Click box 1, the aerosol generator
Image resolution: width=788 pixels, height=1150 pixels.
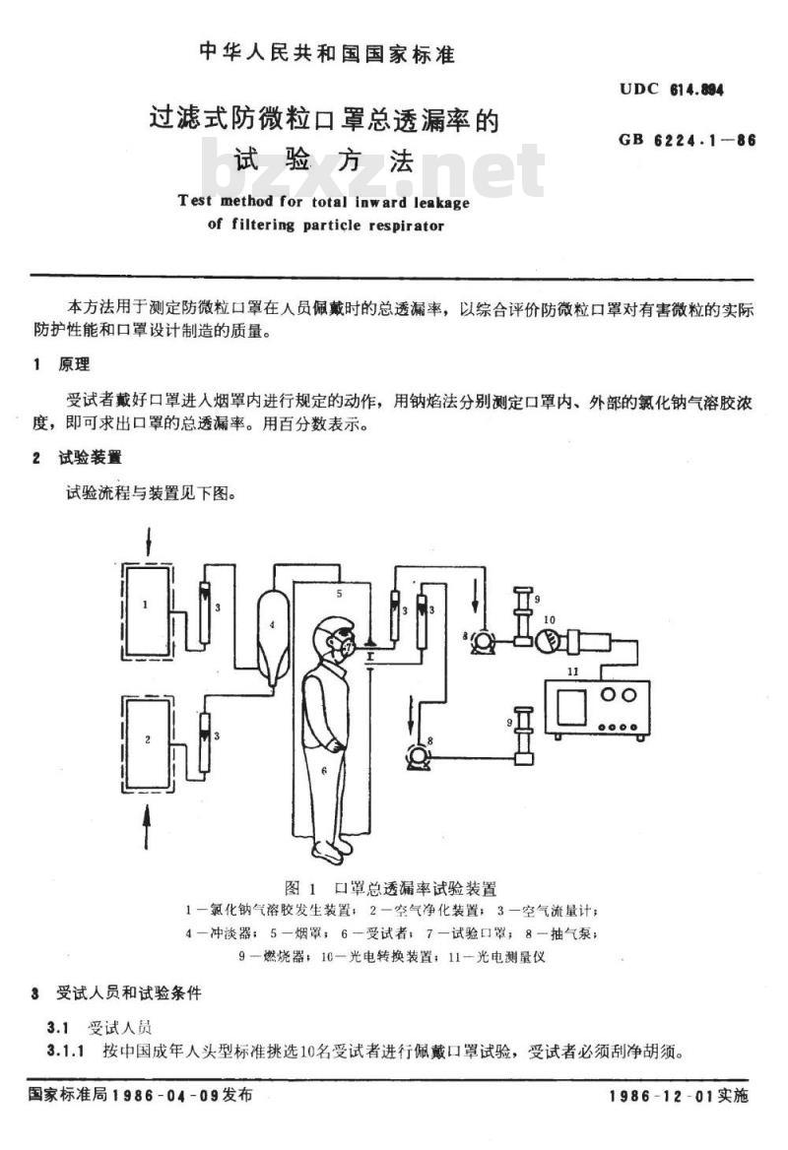(x=148, y=610)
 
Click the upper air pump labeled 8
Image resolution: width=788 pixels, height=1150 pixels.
(x=482, y=642)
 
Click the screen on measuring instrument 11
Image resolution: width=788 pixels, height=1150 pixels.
(x=570, y=706)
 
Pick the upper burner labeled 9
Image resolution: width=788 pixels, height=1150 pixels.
(x=522, y=616)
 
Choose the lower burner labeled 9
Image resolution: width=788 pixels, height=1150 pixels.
(x=524, y=735)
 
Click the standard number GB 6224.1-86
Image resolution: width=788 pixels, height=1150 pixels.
(x=687, y=140)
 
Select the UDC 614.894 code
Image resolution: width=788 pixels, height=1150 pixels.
(x=672, y=90)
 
